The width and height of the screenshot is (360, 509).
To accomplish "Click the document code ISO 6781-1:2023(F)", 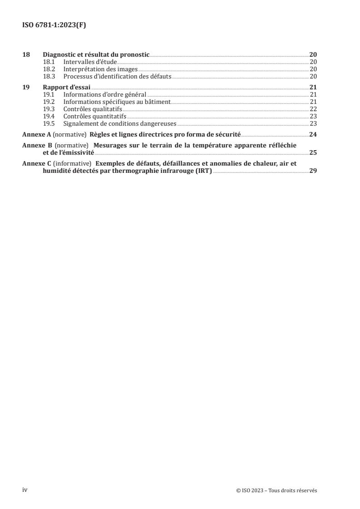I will [x=54, y=25].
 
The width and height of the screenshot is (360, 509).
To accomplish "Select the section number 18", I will [x=26, y=54].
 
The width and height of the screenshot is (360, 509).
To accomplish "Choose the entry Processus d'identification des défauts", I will [x=117, y=76].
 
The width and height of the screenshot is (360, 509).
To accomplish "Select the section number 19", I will [x=26, y=87].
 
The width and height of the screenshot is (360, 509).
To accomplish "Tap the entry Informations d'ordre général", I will [x=105, y=94].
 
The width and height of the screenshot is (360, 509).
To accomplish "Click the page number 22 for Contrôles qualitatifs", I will [x=313, y=109].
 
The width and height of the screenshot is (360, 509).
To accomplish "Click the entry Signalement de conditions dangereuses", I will [x=120, y=123].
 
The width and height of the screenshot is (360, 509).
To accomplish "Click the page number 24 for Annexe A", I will [x=313, y=135].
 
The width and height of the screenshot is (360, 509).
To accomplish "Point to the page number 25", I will [x=313, y=152].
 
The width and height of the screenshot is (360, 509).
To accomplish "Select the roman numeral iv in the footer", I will [x=25, y=490].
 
